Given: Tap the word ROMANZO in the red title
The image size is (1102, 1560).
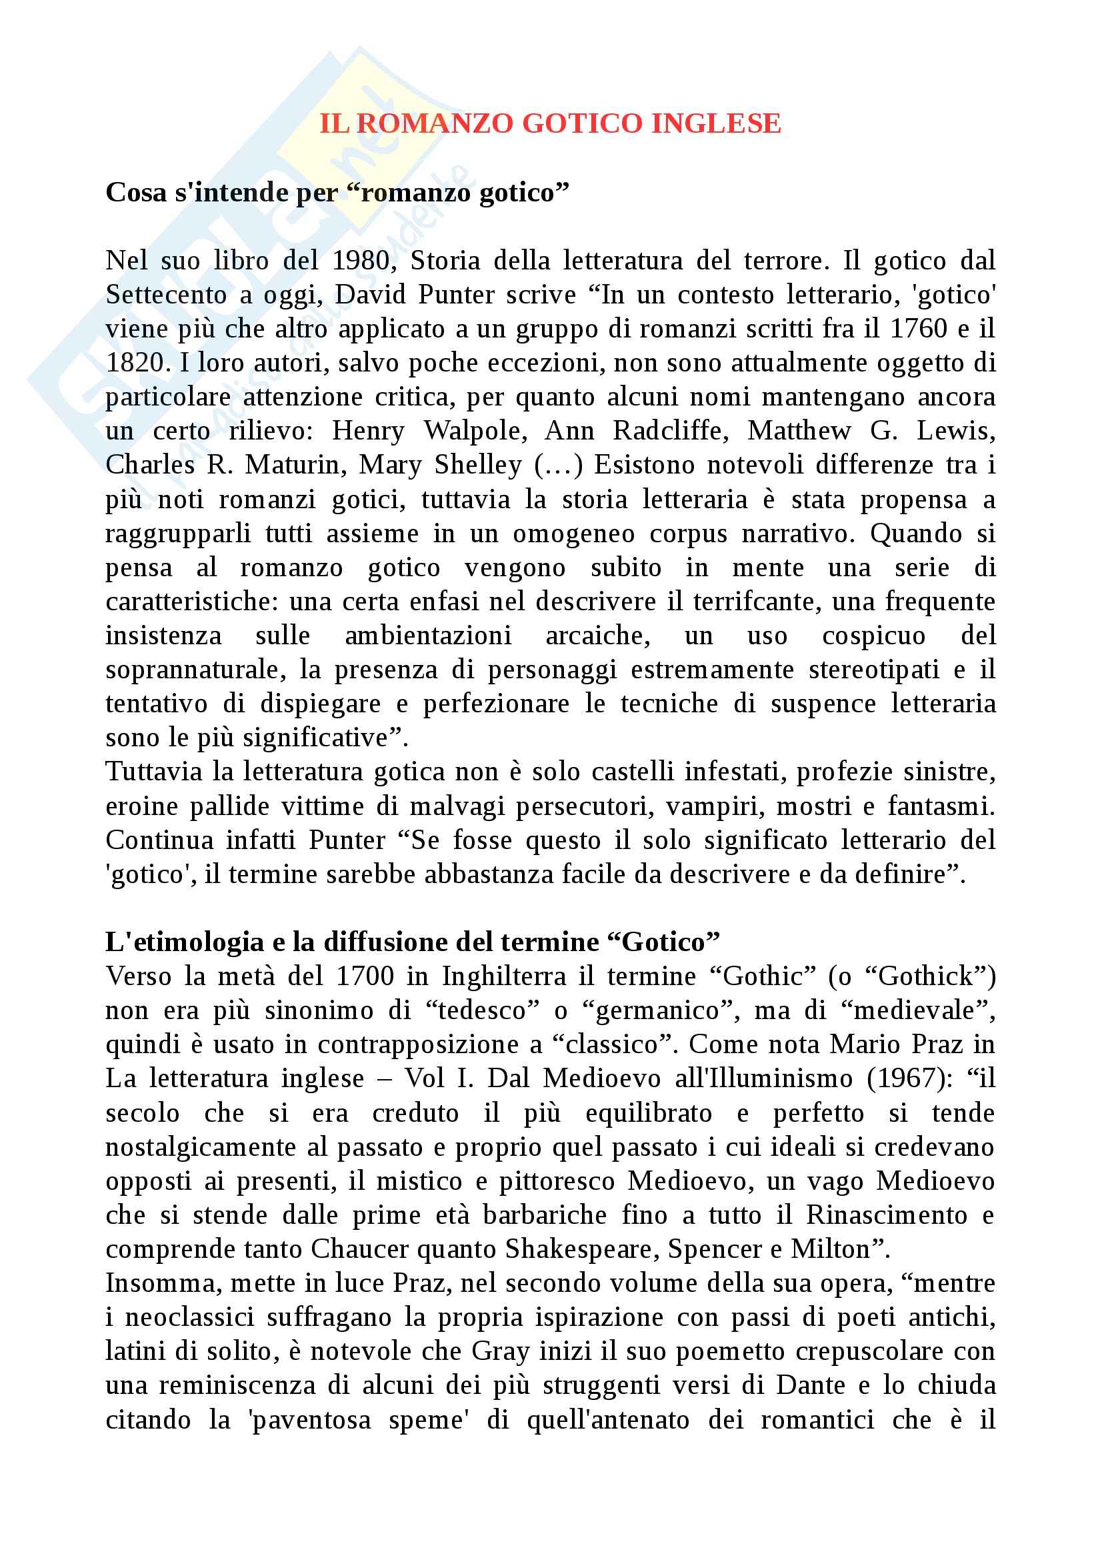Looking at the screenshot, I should (x=435, y=123).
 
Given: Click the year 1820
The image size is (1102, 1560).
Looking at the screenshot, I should (x=135, y=363).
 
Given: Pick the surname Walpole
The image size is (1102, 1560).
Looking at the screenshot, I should (x=475, y=431).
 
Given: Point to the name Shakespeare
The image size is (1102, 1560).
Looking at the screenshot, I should (x=581, y=1249).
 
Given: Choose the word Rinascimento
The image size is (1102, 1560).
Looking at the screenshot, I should (x=886, y=1215).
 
